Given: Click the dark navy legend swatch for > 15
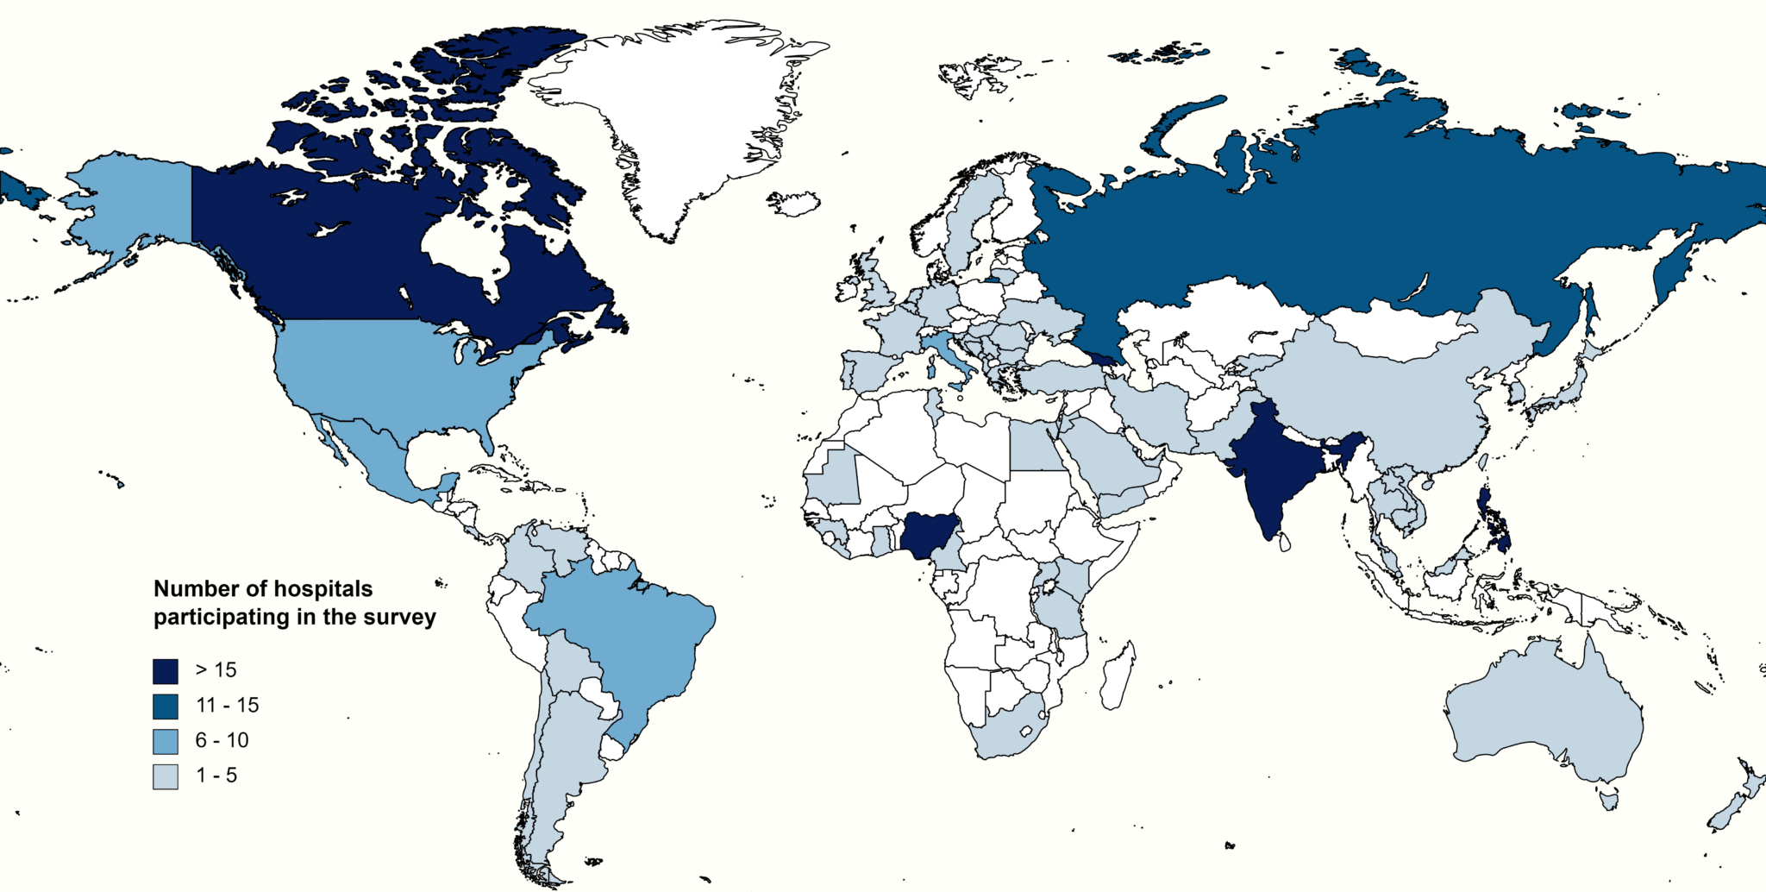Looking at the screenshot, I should (x=166, y=671).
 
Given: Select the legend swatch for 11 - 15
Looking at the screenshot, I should (x=166, y=707).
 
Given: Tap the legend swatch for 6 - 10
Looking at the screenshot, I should (x=166, y=741).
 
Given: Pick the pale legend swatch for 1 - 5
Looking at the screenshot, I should (x=166, y=776).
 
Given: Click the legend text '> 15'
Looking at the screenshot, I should (x=216, y=670).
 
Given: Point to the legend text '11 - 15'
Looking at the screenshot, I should (x=227, y=706).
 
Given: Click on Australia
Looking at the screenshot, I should (x=1544, y=716).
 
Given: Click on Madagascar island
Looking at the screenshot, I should (x=1119, y=677).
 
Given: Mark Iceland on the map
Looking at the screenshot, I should (x=793, y=204).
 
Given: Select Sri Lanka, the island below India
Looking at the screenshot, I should (x=1284, y=543).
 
